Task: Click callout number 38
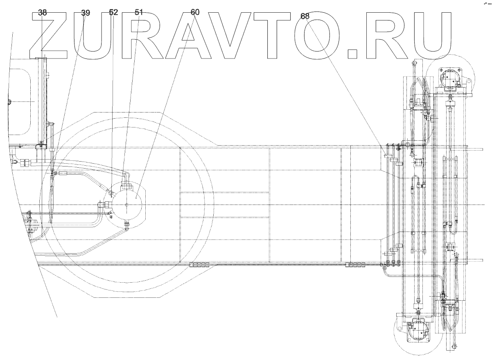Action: [43, 13]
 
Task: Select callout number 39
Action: [85, 13]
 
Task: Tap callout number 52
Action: [113, 13]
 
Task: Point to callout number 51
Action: [139, 12]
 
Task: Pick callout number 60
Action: [195, 12]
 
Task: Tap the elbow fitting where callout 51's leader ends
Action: [125, 175]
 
